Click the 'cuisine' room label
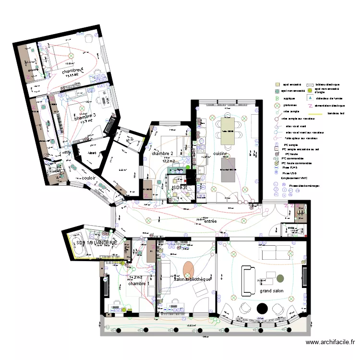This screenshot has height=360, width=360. (x=220, y=154)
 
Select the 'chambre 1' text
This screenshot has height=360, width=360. (x=138, y=284)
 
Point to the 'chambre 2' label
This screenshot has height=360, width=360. (x=162, y=154)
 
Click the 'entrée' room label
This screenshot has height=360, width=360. (x=210, y=221)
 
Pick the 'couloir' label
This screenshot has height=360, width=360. (x=91, y=178)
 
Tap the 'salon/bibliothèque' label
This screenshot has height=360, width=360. (x=192, y=279)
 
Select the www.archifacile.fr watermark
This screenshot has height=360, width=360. (x=330, y=342)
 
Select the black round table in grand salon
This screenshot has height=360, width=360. (x=262, y=308)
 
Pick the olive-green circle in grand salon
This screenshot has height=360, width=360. (x=280, y=278)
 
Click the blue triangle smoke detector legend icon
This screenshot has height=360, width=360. (x=310, y=98)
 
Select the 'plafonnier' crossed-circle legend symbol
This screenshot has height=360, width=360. (x=277, y=105)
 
